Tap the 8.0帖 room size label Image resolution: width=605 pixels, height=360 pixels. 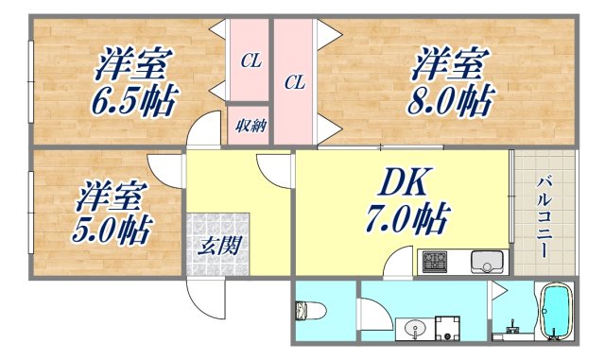[451, 99]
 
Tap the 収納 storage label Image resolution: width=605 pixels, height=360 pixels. [250, 125]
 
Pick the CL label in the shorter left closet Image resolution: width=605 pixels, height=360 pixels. [250, 61]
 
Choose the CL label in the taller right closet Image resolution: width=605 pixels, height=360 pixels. [295, 82]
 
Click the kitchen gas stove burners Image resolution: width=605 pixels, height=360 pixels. [436, 261]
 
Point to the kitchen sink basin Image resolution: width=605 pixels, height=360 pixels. [484, 259]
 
